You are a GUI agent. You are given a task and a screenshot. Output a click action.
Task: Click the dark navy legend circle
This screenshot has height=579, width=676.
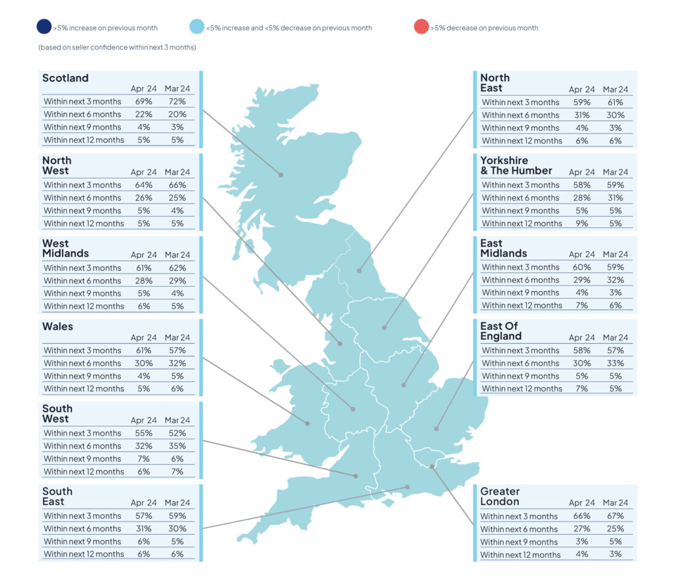click(44, 26)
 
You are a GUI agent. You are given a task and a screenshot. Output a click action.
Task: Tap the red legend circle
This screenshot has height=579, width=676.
click(421, 26)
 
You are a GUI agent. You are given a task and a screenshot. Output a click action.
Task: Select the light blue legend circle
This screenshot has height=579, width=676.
click(197, 26)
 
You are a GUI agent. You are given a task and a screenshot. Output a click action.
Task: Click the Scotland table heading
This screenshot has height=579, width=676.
click(65, 78)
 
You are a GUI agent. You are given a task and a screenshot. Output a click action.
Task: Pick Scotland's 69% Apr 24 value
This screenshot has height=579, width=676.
click(143, 102)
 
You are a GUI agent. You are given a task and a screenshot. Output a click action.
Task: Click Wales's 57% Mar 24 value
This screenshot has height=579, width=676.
click(177, 350)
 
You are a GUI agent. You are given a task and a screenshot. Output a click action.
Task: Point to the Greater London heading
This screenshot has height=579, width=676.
click(500, 496)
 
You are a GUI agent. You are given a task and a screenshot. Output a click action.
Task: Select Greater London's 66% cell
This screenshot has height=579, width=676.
click(582, 516)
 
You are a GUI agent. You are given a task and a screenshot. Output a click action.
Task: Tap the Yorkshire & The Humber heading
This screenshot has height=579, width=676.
click(516, 166)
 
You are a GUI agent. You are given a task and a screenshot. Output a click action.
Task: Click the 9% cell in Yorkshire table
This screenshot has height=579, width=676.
click(582, 223)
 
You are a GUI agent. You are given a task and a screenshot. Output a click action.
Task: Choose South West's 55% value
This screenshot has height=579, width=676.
click(143, 433)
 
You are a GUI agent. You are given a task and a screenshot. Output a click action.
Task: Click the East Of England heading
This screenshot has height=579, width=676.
click(501, 331)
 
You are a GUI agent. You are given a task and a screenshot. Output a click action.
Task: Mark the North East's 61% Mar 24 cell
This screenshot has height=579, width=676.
click(615, 102)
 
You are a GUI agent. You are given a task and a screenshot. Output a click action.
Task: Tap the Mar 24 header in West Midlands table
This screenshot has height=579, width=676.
click(177, 254)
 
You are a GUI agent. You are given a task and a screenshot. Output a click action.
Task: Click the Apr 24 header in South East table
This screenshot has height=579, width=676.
click(143, 502)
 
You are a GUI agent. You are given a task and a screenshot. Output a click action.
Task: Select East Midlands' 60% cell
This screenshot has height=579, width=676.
click(582, 267)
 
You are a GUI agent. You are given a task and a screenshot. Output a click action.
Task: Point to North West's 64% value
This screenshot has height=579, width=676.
click(143, 185)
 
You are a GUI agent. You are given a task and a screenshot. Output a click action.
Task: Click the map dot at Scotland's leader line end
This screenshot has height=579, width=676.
click(281, 175)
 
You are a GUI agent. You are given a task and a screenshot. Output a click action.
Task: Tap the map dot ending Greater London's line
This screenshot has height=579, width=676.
click(432, 467)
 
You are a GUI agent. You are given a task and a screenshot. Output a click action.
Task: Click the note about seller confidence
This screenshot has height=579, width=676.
click(118, 47)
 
